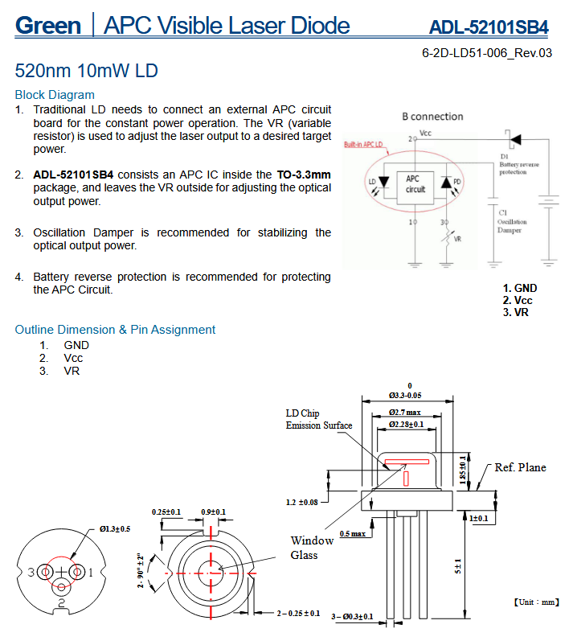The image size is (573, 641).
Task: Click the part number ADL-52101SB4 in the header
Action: [489, 27]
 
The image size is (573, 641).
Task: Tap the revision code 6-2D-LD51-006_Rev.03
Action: [487, 54]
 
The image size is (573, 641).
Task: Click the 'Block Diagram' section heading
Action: [55, 95]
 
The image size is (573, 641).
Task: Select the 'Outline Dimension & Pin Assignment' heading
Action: [115, 330]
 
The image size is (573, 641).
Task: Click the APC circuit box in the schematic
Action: [415, 184]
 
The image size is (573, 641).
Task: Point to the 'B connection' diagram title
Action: [432, 117]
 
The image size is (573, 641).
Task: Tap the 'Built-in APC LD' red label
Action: [364, 144]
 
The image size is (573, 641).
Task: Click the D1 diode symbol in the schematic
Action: [514, 138]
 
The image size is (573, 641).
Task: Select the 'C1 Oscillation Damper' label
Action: [510, 221]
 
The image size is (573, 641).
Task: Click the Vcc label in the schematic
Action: [427, 132]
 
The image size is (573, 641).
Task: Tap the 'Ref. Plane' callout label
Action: [520, 467]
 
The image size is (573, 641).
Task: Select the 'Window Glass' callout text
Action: [305, 548]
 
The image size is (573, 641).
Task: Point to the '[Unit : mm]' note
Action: [535, 602]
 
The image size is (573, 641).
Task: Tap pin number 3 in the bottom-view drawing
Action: [31, 573]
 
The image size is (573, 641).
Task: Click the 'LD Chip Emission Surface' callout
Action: [319, 419]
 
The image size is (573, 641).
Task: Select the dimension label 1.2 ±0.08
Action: [301, 502]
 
